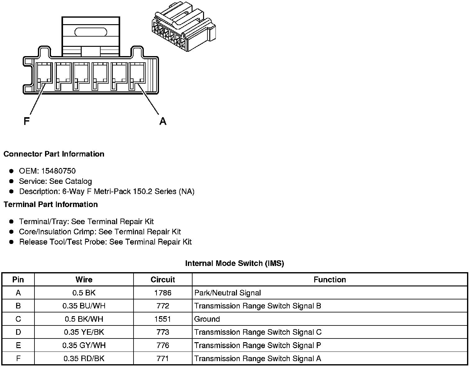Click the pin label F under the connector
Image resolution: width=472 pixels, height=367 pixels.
(27, 121)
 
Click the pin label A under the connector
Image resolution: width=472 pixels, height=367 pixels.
(163, 121)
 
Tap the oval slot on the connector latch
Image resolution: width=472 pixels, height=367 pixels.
(91, 32)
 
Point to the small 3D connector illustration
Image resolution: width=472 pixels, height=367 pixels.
(183, 28)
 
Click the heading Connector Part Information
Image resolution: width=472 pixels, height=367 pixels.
(54, 154)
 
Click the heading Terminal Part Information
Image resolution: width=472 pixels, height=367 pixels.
(51, 205)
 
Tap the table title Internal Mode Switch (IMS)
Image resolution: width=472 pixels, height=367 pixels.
(234, 263)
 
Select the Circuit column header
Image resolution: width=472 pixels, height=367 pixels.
(163, 280)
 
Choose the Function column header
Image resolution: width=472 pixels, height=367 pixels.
(329, 280)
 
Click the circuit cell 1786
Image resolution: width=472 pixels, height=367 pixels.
(163, 293)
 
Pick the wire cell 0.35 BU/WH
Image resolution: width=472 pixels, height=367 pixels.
(84, 306)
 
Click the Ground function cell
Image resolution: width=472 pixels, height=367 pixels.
(207, 319)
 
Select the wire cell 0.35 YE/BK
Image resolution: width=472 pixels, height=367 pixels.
(84, 332)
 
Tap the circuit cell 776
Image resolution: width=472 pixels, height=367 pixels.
(163, 345)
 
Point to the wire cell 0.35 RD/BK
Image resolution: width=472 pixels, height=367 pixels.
(84, 359)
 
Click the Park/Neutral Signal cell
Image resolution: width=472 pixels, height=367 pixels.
(227, 293)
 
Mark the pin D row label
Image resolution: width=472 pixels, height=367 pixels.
(18, 332)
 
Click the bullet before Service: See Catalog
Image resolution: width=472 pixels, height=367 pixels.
(11, 181)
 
